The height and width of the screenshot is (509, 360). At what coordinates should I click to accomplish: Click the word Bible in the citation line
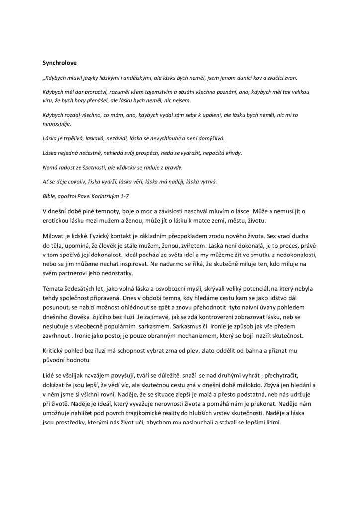49,196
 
